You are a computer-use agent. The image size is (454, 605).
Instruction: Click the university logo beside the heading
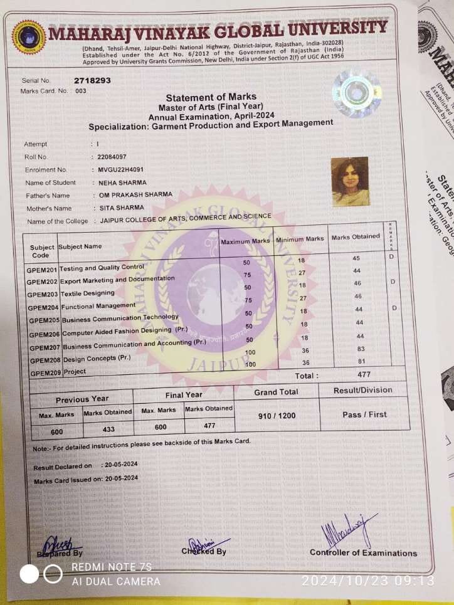tap(29, 37)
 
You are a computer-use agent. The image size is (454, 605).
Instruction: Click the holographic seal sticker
tap(357, 93)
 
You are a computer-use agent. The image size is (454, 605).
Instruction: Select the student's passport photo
tap(349, 181)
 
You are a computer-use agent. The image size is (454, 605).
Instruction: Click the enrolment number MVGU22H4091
tap(121, 170)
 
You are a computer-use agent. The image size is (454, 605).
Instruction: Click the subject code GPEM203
tap(43, 295)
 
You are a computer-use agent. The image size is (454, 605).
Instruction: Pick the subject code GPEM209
tap(45, 374)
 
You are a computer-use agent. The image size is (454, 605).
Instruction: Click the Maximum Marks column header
tap(245, 241)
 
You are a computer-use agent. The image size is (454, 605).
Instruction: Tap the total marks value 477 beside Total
tap(363, 374)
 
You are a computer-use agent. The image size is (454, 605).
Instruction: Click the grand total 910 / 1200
tap(277, 416)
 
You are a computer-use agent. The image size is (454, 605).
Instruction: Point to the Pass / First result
tap(364, 414)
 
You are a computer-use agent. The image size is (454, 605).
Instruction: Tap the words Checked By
tap(204, 551)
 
